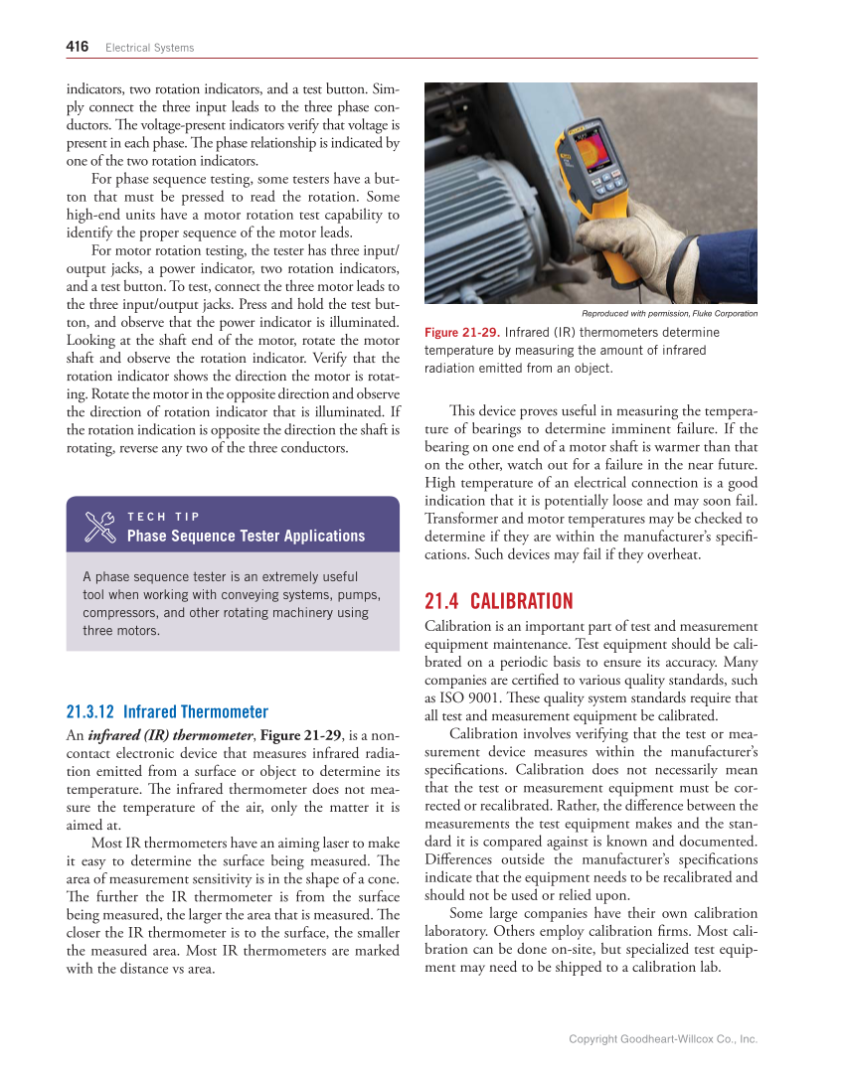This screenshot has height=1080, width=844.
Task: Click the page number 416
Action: point(78,47)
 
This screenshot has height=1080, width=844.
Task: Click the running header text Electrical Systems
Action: point(150,48)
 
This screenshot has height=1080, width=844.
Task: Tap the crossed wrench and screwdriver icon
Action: point(100,527)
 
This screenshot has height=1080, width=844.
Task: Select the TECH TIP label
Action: point(164,517)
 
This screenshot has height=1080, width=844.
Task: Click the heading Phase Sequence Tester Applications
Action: point(246,537)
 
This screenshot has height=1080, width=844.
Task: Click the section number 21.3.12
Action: point(90,711)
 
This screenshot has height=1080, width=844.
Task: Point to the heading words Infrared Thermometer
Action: point(196,711)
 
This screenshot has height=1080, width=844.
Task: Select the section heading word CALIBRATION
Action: point(521,601)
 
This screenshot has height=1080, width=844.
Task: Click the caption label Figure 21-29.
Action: point(462,332)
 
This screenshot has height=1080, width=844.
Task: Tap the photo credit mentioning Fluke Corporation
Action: point(669,314)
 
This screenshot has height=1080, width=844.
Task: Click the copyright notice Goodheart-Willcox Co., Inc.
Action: point(663,1039)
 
